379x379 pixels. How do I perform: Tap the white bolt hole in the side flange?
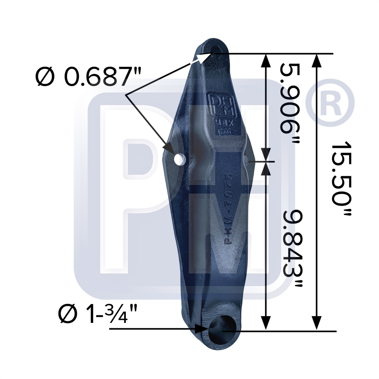tap(179, 159)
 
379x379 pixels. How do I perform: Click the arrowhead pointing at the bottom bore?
tap(200, 329)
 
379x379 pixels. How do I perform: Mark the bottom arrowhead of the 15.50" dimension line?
tap(317, 324)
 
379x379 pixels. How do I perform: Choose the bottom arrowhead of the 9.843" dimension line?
tap(266, 324)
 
